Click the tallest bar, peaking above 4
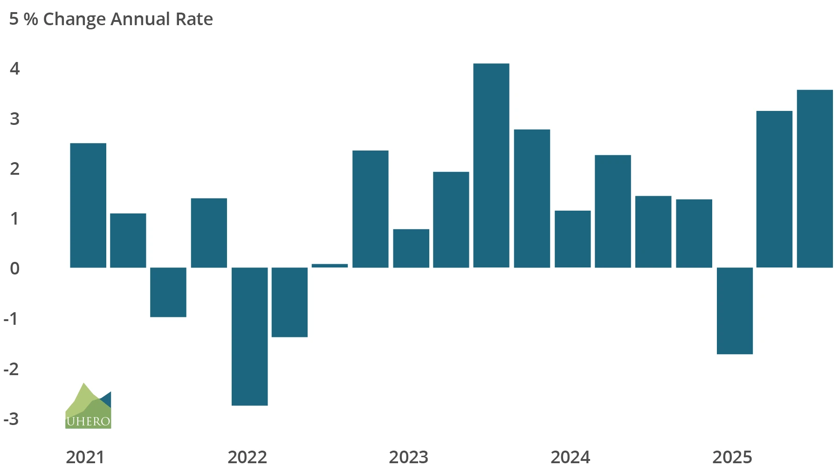[491, 165]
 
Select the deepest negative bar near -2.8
[250, 336]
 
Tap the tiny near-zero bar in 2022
[330, 266]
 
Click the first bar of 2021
[88, 205]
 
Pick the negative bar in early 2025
[735, 311]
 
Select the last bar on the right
[815, 178]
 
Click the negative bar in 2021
[168, 292]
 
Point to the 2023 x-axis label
[408, 457]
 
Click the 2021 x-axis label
[85, 457]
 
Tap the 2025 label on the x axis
[732, 457]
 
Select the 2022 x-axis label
[247, 457]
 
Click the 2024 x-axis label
[570, 457]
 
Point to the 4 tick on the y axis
[15, 69]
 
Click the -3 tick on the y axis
[12, 419]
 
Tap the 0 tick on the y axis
[15, 268]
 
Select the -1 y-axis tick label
[12, 319]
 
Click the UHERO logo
[88, 406]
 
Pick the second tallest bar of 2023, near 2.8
[532, 198]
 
